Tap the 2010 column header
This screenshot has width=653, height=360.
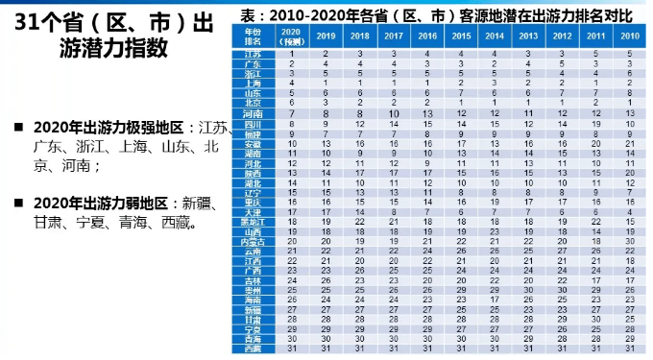pos(629,35)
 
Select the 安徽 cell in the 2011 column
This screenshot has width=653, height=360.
pos(594,143)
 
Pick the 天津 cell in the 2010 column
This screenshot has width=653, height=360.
pos(629,211)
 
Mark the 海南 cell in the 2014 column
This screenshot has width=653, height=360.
pos(493,300)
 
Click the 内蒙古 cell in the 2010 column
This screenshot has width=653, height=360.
pos(629,241)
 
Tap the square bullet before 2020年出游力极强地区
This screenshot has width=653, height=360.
pos(19,127)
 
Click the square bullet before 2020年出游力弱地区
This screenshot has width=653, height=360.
pos(19,204)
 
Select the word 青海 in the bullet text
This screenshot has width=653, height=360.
pos(147,225)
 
